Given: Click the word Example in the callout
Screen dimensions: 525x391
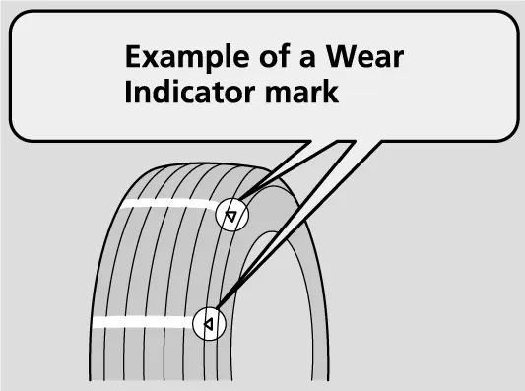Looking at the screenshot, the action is [187, 58].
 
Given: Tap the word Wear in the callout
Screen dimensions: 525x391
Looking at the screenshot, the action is [365, 56].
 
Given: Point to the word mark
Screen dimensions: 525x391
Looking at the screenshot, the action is [301, 92].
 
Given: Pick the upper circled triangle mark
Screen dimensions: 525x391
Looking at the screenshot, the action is [231, 215].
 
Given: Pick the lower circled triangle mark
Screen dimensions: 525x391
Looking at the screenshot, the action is [209, 324].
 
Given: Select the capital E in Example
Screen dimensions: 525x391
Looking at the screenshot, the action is [132, 56].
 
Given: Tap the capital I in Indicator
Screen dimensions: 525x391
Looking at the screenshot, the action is [128, 92].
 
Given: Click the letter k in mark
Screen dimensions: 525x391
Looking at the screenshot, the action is [331, 92].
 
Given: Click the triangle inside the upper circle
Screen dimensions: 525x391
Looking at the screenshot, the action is [230, 217].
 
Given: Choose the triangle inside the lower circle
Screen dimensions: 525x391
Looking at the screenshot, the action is [208, 324].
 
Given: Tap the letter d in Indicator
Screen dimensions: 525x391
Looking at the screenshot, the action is [161, 92].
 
